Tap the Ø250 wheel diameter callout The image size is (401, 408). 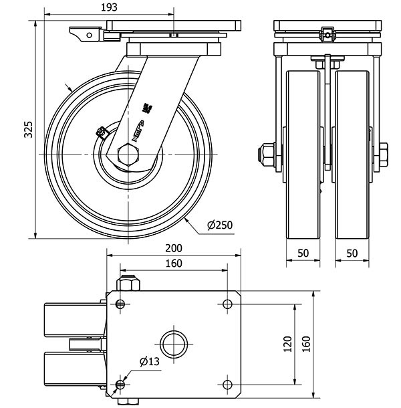(x=219, y=225)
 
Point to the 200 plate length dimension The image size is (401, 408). (x=173, y=248)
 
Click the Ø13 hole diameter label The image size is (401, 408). (x=149, y=362)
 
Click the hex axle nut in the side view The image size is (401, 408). (x=127, y=155)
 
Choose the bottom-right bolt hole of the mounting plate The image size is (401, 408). (x=227, y=385)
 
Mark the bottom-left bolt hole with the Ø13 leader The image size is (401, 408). (x=120, y=385)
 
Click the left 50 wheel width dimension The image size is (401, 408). (x=303, y=253)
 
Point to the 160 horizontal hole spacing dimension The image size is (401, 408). (x=173, y=264)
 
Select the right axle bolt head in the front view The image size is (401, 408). (x=384, y=155)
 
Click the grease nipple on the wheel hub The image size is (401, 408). (x=102, y=132)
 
